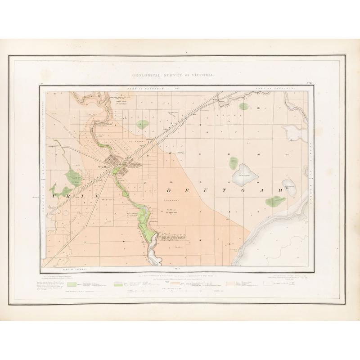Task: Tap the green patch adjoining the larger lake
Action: pos(234,162)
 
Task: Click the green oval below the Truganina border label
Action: pos(243,107)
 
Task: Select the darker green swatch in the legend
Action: pos(71,284)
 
